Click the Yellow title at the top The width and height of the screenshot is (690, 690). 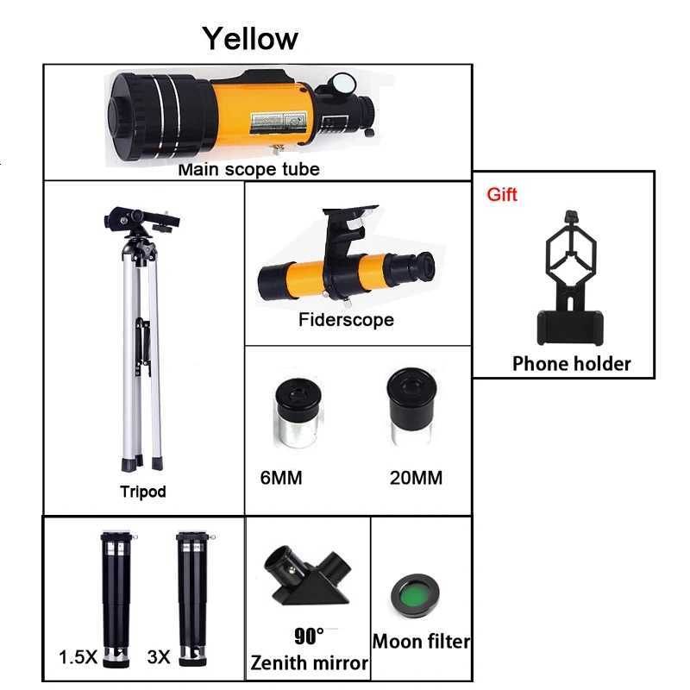[250, 38]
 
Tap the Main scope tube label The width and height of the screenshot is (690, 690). [248, 169]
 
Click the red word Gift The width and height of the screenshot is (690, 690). [502, 194]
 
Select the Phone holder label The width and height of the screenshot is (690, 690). [571, 364]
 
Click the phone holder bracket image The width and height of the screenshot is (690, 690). [569, 276]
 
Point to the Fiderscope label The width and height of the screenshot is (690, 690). [346, 320]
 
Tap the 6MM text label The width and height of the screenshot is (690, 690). [281, 477]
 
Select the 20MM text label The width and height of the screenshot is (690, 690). [416, 477]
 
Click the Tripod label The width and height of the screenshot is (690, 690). [143, 492]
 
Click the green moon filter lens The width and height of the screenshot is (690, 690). [420, 595]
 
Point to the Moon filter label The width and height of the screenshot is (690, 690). [421, 642]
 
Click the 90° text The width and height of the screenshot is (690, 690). [308, 637]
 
